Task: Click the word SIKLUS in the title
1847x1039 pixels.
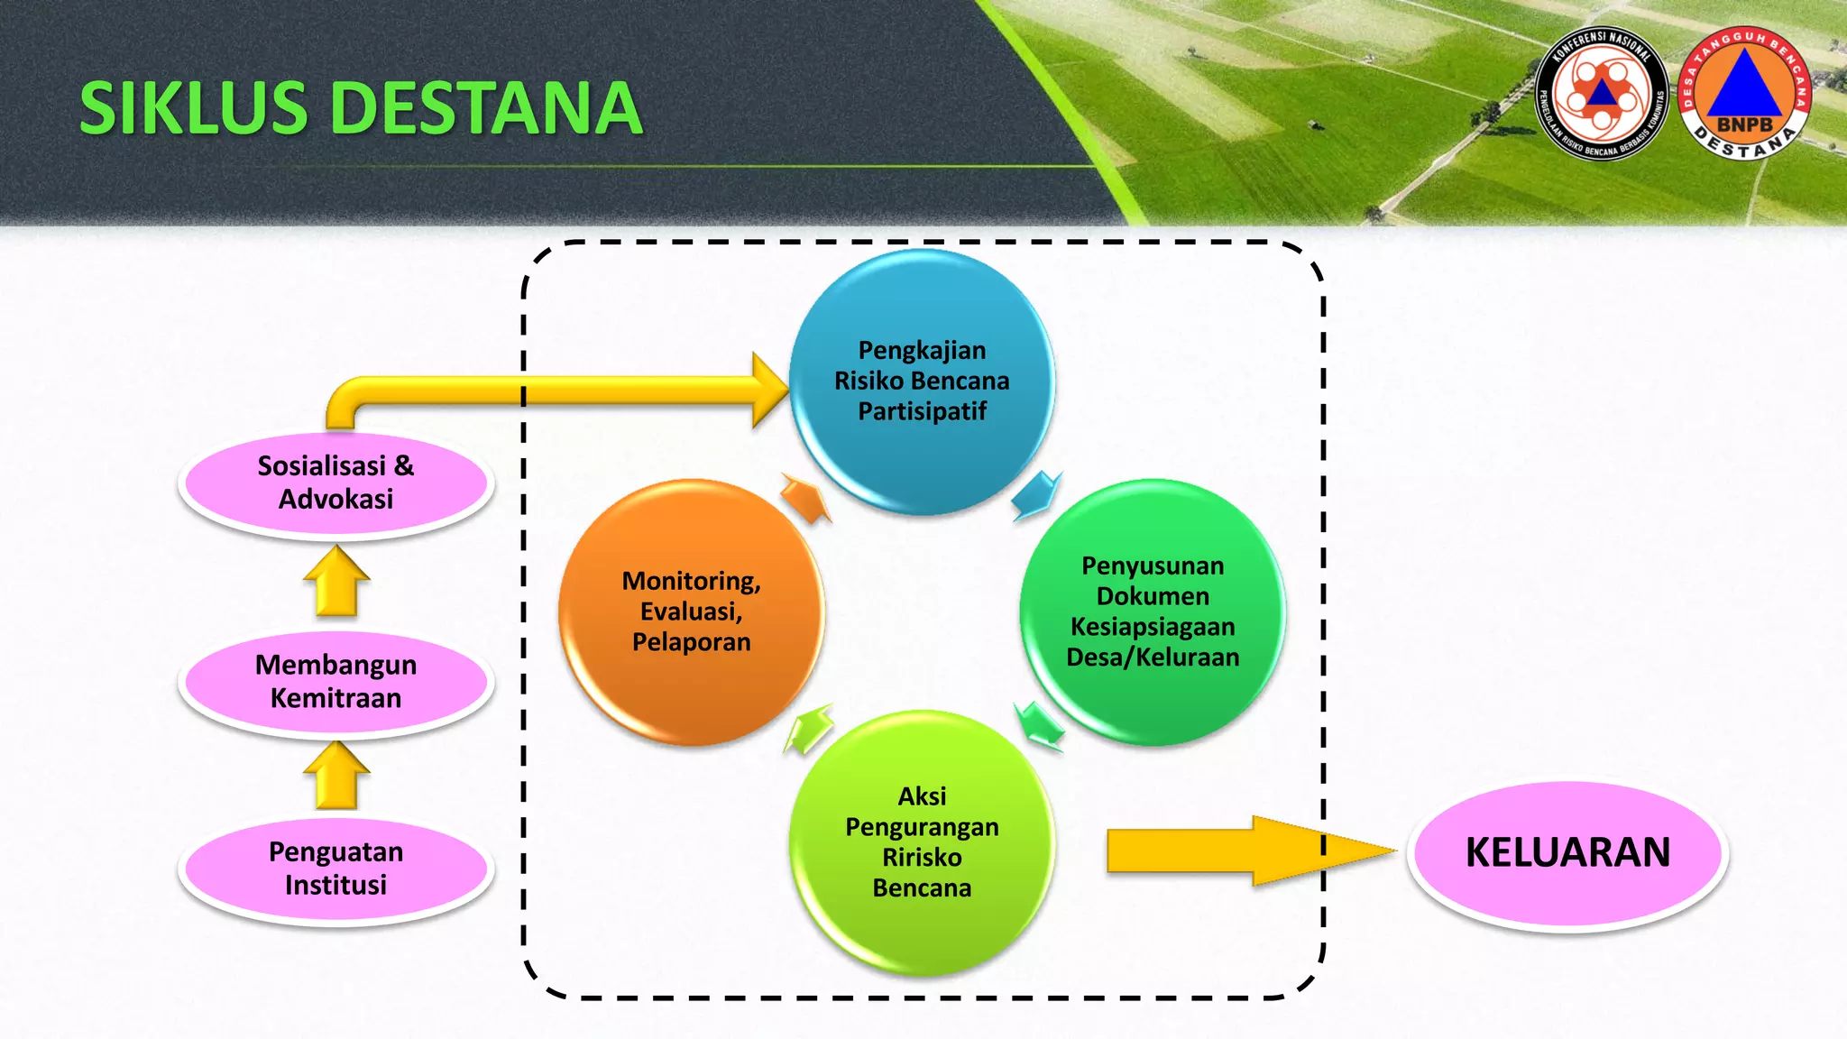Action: pos(194,108)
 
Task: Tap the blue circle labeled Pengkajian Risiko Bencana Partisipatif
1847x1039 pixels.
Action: pos(922,381)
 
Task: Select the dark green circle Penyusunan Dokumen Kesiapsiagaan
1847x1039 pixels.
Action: pos(1153,611)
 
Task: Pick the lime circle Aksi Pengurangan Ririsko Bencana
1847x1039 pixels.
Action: pos(922,842)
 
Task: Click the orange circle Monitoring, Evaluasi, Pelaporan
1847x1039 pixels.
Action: pos(692,611)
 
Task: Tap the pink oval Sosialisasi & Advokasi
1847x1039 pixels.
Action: pos(335,483)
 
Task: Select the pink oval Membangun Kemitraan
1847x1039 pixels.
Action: pos(335,682)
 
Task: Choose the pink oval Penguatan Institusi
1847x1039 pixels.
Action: pos(335,869)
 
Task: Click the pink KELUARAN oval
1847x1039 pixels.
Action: pos(1567,852)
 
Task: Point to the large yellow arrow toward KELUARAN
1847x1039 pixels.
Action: pos(1245,851)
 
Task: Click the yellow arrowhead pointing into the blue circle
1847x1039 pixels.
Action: pos(769,390)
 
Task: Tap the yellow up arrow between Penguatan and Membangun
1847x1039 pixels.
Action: pos(336,777)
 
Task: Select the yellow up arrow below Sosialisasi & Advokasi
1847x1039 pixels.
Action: pos(336,582)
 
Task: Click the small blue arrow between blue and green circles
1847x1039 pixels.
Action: pos(1036,494)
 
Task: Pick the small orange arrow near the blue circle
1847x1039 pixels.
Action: pos(805,498)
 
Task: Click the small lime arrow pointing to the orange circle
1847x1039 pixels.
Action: pos(808,729)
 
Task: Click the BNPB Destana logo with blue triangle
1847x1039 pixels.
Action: pos(1745,93)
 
